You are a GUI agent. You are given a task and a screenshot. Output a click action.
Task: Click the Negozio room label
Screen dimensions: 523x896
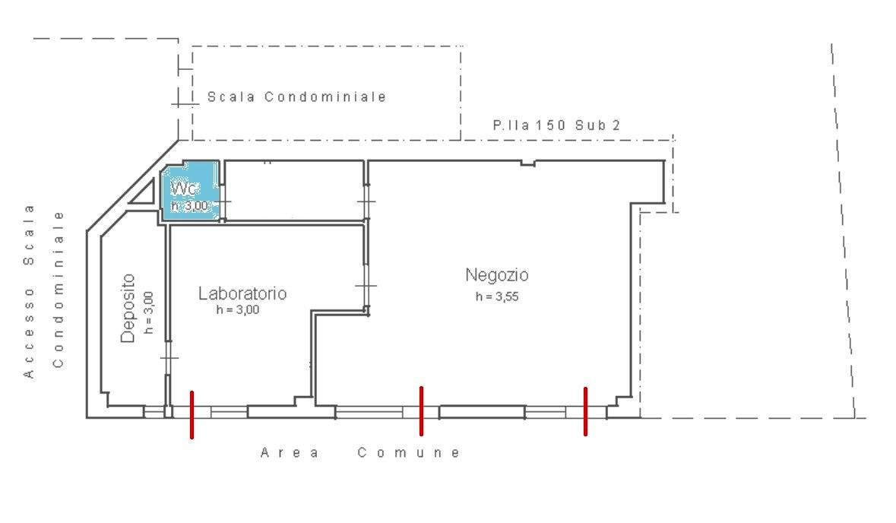click(496, 274)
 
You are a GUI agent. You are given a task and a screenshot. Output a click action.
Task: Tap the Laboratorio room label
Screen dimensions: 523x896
click(242, 293)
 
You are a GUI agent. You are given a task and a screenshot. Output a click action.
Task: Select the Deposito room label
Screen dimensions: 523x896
click(128, 309)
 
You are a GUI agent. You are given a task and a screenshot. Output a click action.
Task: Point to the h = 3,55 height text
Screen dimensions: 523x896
click(496, 297)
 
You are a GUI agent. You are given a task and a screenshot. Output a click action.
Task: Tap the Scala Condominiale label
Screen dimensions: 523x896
click(296, 97)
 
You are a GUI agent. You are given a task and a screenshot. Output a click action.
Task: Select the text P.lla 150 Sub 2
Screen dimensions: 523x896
click(556, 125)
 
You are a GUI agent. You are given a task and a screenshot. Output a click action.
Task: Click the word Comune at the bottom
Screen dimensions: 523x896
click(408, 453)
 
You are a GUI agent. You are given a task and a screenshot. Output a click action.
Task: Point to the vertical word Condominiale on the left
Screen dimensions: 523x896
click(59, 289)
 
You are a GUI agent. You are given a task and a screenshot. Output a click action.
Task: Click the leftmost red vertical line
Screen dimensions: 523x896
click(192, 415)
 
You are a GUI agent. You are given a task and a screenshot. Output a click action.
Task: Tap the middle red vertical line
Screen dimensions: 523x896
click(421, 411)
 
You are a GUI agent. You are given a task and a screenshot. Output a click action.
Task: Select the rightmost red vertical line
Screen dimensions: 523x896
click(585, 411)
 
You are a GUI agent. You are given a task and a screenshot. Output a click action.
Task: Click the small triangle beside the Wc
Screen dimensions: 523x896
click(141, 197)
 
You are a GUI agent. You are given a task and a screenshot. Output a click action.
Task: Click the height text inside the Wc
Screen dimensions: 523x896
click(189, 205)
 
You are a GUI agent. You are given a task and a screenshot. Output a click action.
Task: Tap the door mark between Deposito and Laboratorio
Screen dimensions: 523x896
click(169, 357)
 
